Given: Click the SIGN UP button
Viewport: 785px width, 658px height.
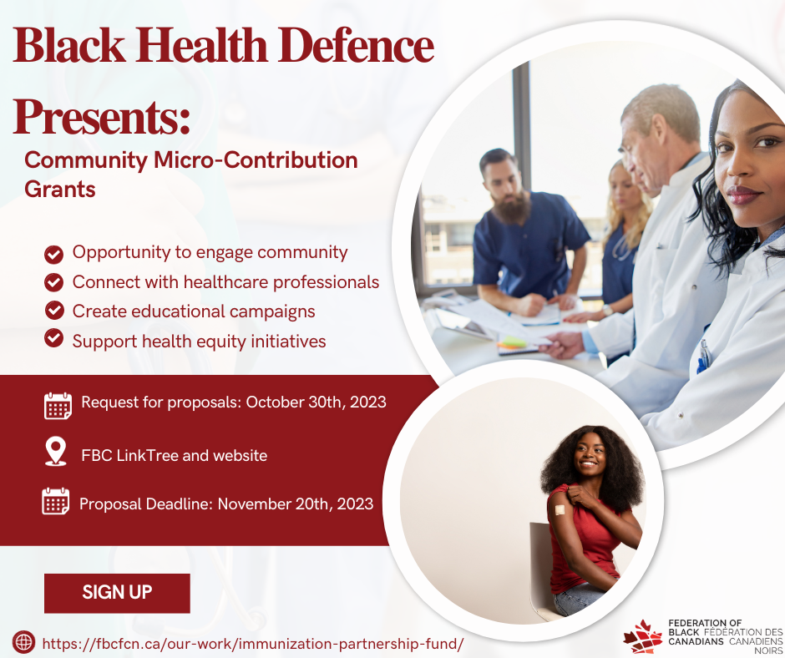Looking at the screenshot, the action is [117, 593].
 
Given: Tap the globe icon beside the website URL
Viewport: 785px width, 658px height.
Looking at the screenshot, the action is [23, 642].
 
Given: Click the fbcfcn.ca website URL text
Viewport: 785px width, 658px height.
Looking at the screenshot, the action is [253, 644].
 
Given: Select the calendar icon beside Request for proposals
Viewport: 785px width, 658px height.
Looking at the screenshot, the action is [58, 405].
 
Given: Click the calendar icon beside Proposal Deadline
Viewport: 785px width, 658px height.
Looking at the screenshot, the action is [56, 501].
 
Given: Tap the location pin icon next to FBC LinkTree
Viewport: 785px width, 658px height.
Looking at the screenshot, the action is [56, 451].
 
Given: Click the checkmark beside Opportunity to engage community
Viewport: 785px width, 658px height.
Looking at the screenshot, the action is [53, 255].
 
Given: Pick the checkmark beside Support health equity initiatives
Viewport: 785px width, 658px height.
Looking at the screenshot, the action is [53, 337].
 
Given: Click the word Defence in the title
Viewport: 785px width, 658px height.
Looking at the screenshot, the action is [356, 45].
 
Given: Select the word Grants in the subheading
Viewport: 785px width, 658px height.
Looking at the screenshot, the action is [60, 190].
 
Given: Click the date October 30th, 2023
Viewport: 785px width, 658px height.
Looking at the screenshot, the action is [316, 402].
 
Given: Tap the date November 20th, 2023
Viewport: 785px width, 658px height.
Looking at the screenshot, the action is [296, 504].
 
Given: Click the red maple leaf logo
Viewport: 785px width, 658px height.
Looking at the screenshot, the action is [643, 636].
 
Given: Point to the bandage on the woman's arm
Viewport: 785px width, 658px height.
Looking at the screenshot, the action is [560, 510].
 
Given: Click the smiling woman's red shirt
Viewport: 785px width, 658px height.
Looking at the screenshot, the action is [584, 541].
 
